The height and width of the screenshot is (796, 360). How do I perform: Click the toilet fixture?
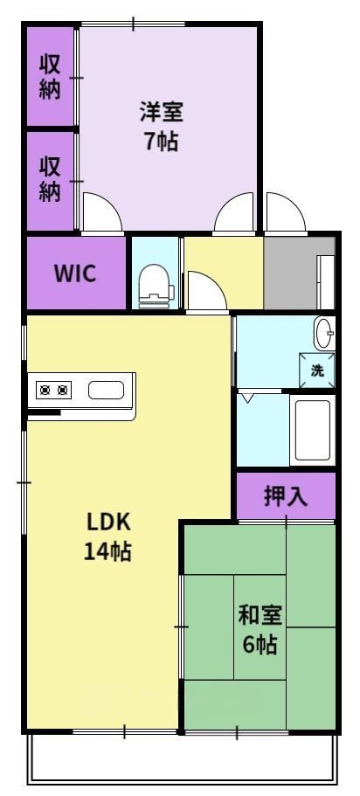tap(156, 287)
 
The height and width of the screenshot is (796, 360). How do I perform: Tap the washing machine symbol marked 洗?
tap(317, 370)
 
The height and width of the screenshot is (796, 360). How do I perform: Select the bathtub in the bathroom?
tap(312, 430)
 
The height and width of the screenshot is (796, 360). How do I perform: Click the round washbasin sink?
tap(323, 333)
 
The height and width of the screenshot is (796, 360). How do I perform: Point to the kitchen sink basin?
tap(106, 390)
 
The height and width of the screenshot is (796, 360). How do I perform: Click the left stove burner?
tap(45, 390)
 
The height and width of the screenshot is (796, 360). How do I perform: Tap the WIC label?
tap(75, 273)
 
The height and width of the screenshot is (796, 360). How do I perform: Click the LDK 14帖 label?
tap(107, 536)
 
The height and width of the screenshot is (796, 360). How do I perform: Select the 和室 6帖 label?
tap(260, 630)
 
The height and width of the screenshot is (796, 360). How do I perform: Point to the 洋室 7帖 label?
tap(162, 127)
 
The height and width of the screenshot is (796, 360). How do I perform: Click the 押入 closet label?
tap(286, 496)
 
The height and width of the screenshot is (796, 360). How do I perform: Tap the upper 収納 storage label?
tap(50, 77)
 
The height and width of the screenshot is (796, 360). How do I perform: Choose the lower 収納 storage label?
tap(50, 179)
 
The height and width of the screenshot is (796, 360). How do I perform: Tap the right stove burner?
tap(62, 390)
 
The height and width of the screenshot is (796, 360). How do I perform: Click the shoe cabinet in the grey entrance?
tap(325, 282)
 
